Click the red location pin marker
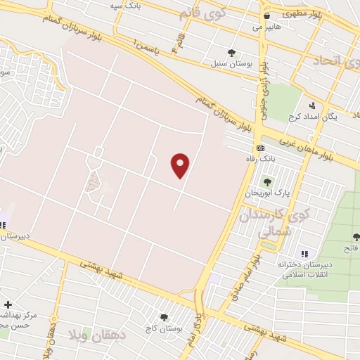[x=181, y=165]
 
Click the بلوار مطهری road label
[x=300, y=13]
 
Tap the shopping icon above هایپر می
[x=266, y=15]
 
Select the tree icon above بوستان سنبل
[x=231, y=52]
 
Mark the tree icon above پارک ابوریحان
[x=266, y=182]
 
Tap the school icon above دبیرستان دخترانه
[x=304, y=254]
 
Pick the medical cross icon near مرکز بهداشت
[x=7, y=305]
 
